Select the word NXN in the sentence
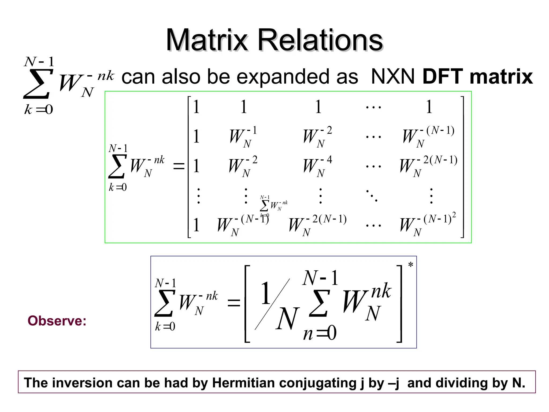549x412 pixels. (x=393, y=77)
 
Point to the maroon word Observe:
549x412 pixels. (x=57, y=321)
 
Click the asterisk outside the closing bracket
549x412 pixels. (x=410, y=265)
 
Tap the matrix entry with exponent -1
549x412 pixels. (x=243, y=136)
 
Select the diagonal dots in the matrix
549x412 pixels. (x=372, y=195)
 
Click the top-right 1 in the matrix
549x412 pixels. (x=429, y=107)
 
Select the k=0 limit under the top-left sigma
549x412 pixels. (x=39, y=109)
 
